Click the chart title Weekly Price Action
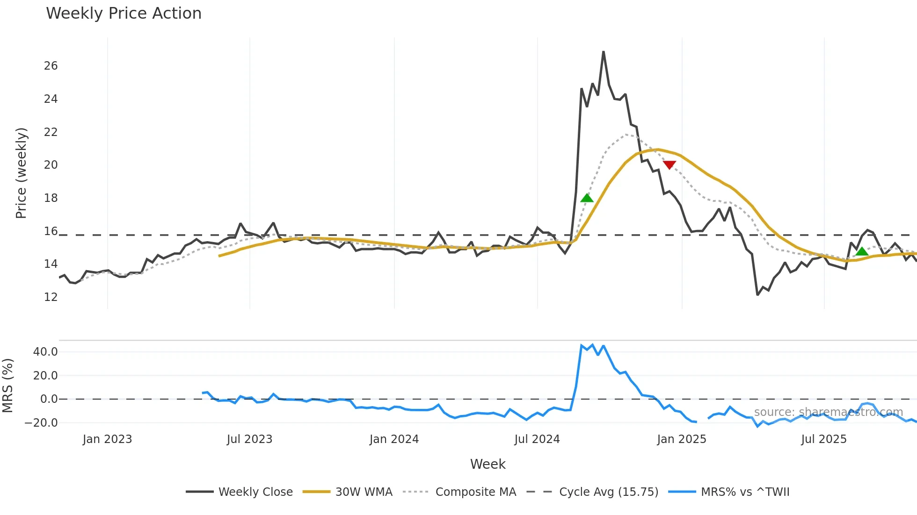(124, 14)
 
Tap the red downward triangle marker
(670, 165)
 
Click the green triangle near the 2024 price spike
(587, 198)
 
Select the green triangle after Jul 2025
(862, 252)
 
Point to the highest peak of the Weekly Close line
(604, 52)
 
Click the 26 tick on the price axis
(51, 66)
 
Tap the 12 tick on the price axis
(51, 297)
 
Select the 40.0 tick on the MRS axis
(45, 352)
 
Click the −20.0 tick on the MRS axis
(41, 423)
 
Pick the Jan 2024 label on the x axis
(394, 439)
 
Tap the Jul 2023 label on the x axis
(249, 439)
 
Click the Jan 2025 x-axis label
(681, 439)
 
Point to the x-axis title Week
(488, 464)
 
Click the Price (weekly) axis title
(21, 173)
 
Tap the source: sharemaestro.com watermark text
(828, 412)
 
